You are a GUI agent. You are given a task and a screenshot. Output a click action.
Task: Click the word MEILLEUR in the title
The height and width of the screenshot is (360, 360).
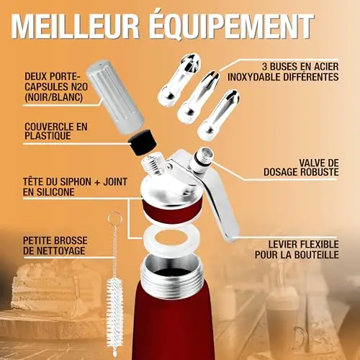pyautogui.click(x=75, y=26)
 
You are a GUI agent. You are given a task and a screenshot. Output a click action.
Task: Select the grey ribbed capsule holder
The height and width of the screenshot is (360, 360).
pyautogui.click(x=114, y=96)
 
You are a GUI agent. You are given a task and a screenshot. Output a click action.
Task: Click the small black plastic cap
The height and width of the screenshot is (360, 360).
pyautogui.click(x=142, y=143)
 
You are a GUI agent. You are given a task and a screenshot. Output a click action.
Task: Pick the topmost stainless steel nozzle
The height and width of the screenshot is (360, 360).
pyautogui.click(x=179, y=77)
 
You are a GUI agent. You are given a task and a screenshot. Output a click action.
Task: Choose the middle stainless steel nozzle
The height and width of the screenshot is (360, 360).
pyautogui.click(x=199, y=97)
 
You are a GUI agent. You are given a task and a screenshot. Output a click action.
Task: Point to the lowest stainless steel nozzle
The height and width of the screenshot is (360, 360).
pyautogui.click(x=218, y=115)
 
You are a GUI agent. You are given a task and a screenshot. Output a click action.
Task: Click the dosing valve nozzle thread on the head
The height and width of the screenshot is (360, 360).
pyautogui.click(x=201, y=159)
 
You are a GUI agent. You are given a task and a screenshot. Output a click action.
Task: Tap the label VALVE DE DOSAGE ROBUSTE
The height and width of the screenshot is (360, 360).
pyautogui.click(x=301, y=168)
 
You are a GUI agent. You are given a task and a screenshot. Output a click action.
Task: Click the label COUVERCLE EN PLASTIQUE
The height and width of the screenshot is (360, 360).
pyautogui.click(x=56, y=131)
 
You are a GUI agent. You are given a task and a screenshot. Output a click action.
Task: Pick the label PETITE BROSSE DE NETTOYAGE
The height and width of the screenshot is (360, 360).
pyautogui.click(x=55, y=246)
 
